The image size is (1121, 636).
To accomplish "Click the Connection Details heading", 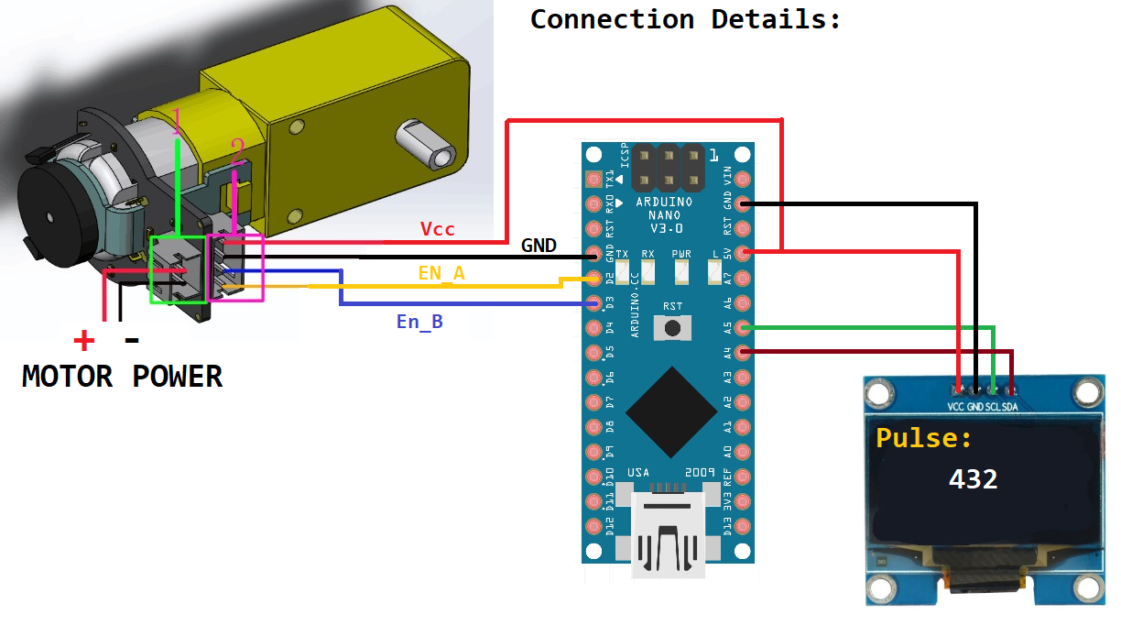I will [x=685, y=18].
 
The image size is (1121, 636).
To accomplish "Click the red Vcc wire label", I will [x=437, y=229].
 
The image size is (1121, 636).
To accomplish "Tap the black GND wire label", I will [x=539, y=246].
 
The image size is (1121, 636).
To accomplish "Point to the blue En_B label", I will [x=419, y=322].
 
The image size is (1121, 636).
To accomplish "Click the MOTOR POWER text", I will [x=122, y=376].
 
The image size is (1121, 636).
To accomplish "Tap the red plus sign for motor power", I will [x=83, y=342].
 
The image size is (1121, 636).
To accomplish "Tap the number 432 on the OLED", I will [x=973, y=478].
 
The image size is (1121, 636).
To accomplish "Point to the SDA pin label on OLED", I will [x=1011, y=406].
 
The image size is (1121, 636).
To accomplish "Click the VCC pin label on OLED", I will [x=957, y=406].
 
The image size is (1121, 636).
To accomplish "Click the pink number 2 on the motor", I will [x=236, y=153].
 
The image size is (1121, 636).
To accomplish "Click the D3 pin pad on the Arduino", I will [x=594, y=302].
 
